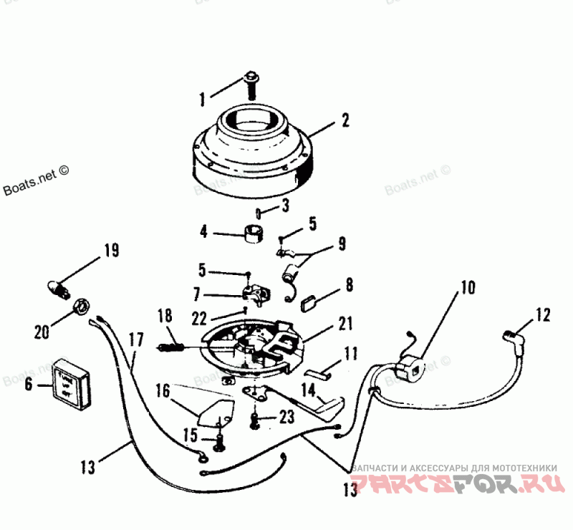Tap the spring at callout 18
pyautogui.click(x=170, y=347)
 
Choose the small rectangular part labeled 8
pyautogui.click(x=312, y=302)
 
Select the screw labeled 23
pyautogui.click(x=254, y=421)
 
